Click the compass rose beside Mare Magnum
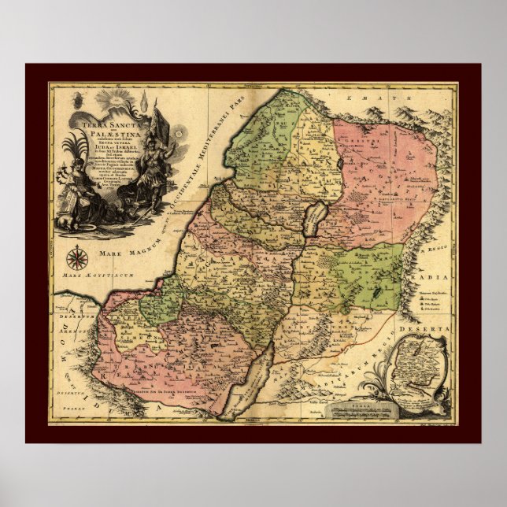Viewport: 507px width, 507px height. (78, 257)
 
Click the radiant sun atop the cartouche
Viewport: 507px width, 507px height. (117, 98)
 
